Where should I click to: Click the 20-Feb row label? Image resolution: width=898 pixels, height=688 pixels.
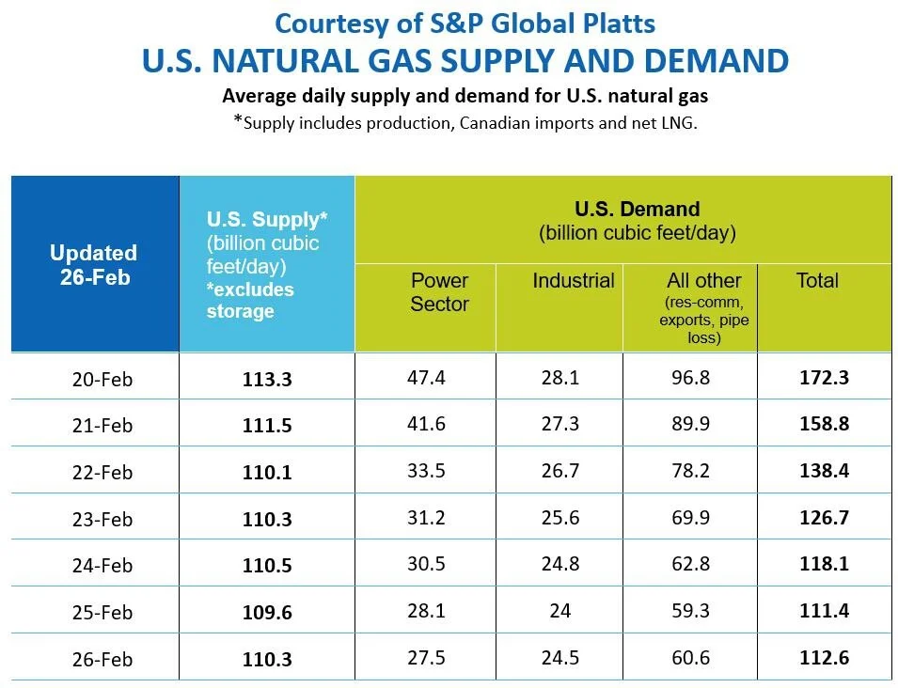pos(102,379)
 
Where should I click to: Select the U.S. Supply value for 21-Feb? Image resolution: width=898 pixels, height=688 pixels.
pos(267,425)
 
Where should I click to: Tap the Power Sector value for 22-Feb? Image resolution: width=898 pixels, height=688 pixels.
pos(426,471)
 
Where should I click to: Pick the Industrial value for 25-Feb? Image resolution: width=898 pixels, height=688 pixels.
pos(560,611)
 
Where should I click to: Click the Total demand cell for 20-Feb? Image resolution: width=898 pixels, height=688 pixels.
pos(824,378)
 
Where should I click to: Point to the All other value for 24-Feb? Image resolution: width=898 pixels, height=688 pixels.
pos(691,564)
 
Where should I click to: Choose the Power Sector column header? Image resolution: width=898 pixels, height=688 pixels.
pos(439,292)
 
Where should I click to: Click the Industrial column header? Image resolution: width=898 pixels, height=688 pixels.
pos(574,280)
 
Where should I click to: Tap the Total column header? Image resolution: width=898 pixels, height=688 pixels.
pos(817,280)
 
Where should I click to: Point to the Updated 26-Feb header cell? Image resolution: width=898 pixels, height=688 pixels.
pos(95,265)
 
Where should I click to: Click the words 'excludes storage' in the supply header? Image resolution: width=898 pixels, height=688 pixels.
pos(250,301)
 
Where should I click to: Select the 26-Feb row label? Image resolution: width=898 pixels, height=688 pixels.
pos(102,660)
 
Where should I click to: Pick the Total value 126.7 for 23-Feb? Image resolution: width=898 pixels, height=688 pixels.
pos(824,518)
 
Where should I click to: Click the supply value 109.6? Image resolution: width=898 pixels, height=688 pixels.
pos(267,613)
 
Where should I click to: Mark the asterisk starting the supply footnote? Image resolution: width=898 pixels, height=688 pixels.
pos(238,119)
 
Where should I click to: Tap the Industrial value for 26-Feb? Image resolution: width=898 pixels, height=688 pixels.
pos(560,658)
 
